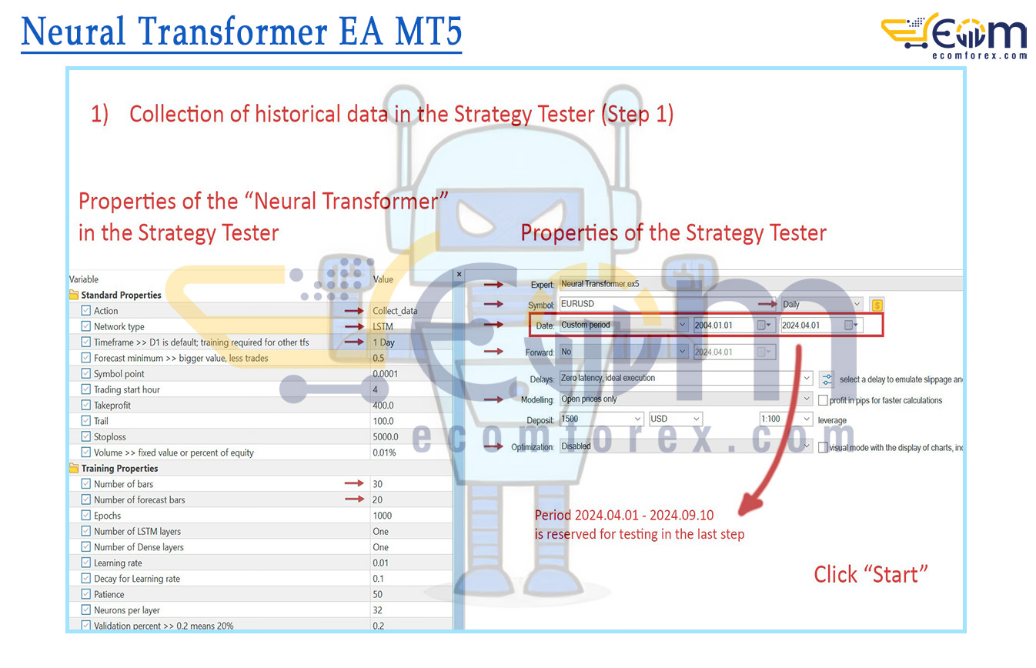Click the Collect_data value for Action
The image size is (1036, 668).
point(395,311)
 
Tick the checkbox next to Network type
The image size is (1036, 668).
point(85,326)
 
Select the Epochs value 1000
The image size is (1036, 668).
point(382,516)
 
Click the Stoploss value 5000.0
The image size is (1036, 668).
point(386,437)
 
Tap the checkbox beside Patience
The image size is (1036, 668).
point(85,594)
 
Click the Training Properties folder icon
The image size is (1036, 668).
point(74,469)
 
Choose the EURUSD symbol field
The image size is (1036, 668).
point(666,304)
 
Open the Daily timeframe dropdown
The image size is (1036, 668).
point(821,304)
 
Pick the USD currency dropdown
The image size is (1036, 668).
point(675,419)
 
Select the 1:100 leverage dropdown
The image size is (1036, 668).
point(786,419)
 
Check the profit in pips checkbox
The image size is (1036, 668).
point(823,400)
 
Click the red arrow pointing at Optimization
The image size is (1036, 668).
point(493,446)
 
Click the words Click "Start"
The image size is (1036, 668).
point(871,575)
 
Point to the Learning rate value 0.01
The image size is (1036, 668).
point(381,563)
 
